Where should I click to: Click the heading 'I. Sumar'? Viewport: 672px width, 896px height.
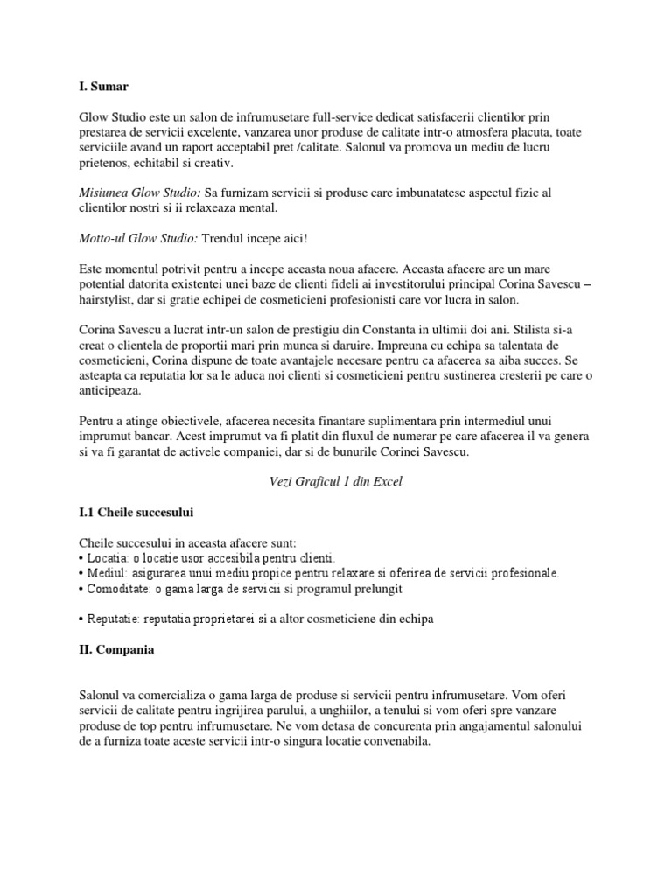(103, 87)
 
